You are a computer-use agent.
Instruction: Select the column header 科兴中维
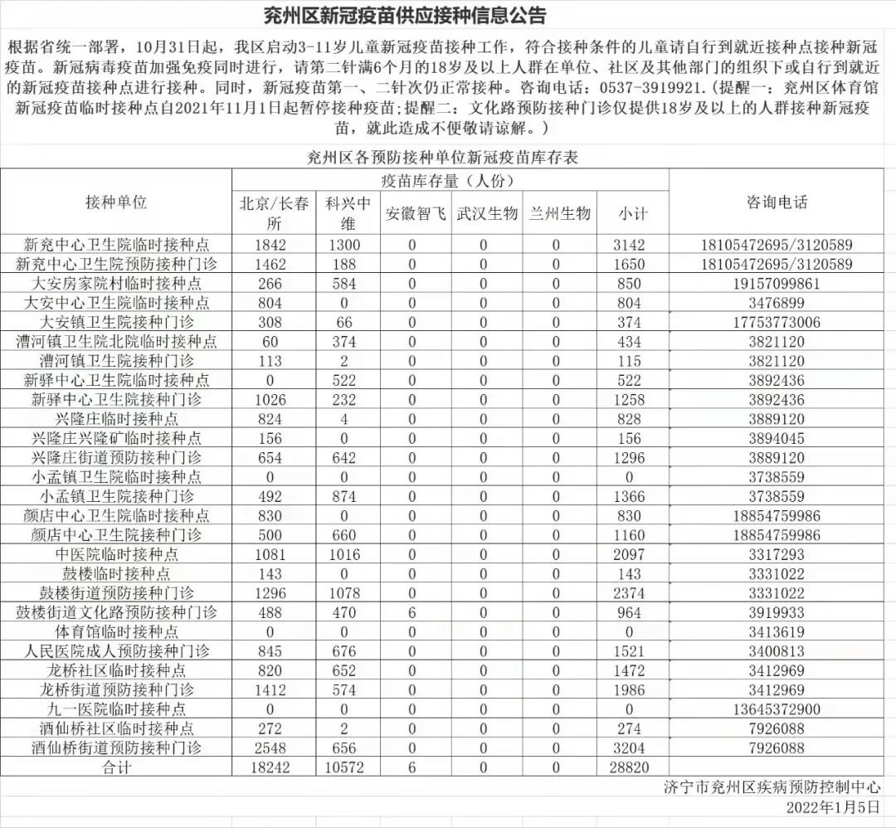347,213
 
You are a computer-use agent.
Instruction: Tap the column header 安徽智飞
413,213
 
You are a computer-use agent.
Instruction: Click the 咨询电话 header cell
776,202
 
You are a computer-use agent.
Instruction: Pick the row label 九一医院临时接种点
116,709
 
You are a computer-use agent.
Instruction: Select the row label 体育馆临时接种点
116,632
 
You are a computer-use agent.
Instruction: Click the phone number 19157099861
776,284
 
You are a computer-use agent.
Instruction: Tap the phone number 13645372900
776,709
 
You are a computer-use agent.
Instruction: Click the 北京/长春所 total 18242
270,767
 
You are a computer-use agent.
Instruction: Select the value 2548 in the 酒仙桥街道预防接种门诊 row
270,748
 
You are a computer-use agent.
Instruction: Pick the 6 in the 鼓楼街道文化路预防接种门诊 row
412,613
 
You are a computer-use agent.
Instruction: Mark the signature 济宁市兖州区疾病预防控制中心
772,787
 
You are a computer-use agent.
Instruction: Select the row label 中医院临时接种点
116,554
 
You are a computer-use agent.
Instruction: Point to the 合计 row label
116,767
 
